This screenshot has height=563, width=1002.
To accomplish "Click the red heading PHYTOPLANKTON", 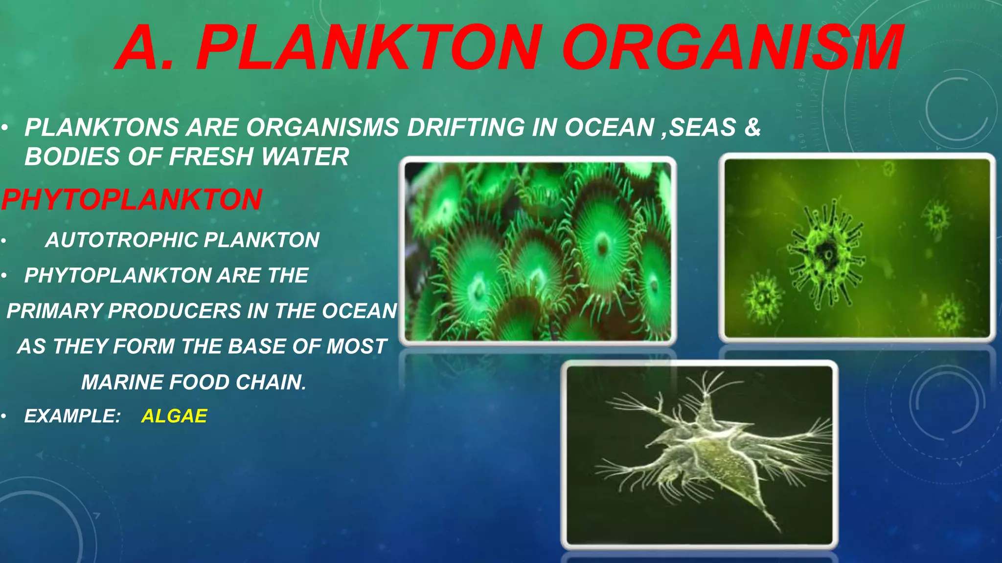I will point(132,199).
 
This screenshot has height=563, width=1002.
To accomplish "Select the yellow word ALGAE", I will point(174,416).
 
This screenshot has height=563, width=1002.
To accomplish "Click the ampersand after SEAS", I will point(752,128).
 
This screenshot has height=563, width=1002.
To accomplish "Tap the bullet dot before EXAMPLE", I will point(3,416).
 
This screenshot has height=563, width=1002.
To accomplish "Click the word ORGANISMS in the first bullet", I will point(322,128).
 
